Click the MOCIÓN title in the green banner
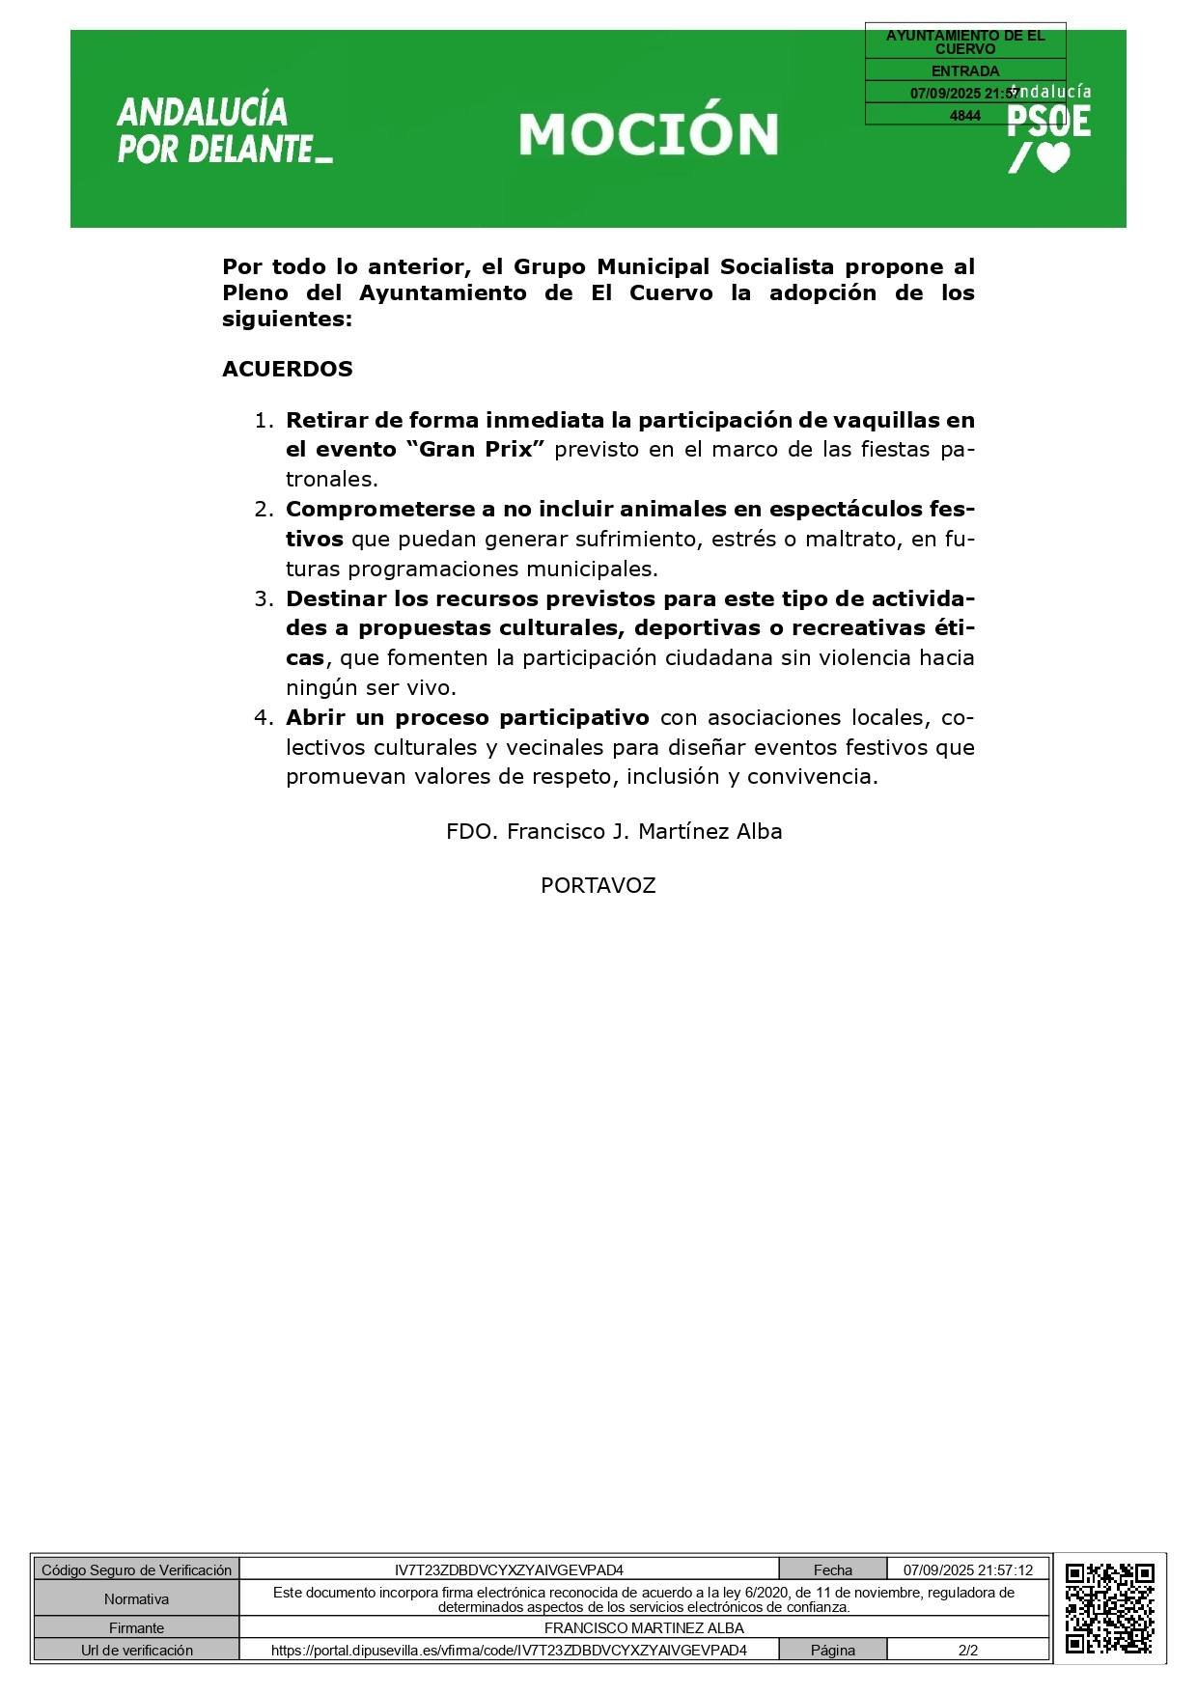(x=648, y=134)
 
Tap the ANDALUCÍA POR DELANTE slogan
(x=224, y=130)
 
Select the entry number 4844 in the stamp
(x=964, y=116)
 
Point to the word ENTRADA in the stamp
(x=964, y=70)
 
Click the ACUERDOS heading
(x=287, y=369)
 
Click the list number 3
(x=264, y=598)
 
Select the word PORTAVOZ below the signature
(x=598, y=886)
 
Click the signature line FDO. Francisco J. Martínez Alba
(x=613, y=832)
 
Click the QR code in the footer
(x=1109, y=1609)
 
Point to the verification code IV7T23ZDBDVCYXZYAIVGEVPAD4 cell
(x=509, y=1570)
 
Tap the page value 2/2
(x=967, y=1651)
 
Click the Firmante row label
(x=136, y=1628)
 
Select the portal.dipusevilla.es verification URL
(x=509, y=1651)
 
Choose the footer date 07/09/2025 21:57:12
(x=967, y=1570)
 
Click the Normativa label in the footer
(x=136, y=1599)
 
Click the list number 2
(x=264, y=510)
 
